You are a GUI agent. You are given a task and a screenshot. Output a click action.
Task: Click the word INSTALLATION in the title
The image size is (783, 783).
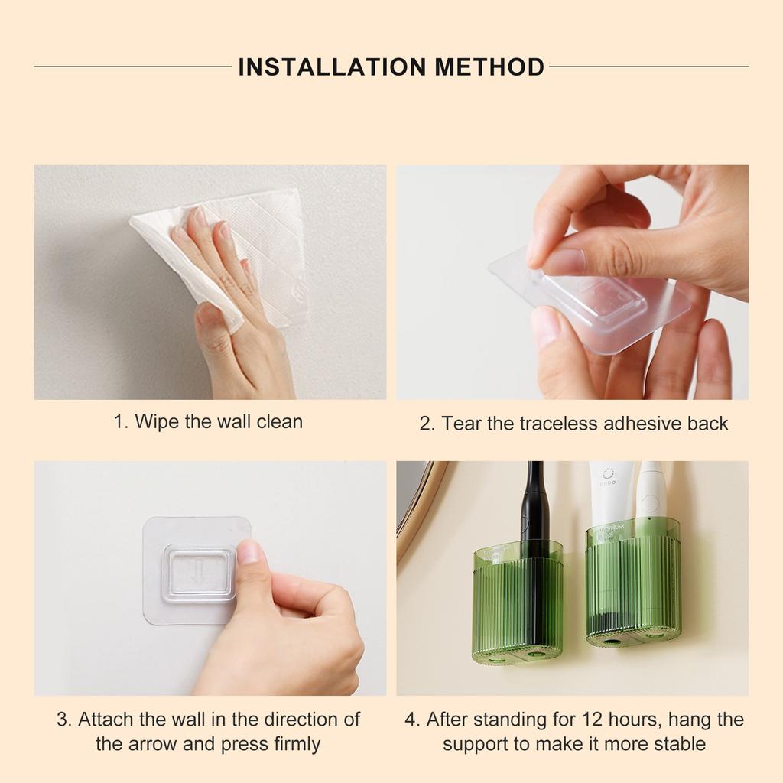coord(332,67)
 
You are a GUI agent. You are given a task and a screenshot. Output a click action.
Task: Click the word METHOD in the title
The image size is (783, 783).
coord(489,67)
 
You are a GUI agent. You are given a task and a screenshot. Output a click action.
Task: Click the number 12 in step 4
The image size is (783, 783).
coord(593,720)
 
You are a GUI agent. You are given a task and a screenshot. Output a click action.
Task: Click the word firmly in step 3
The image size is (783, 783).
coord(297,744)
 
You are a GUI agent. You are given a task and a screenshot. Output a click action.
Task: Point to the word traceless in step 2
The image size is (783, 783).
coord(559,424)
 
